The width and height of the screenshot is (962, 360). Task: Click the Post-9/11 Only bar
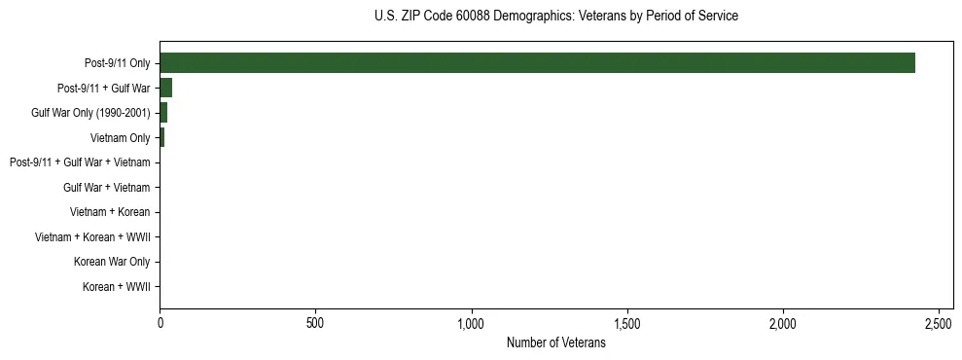pos(537,63)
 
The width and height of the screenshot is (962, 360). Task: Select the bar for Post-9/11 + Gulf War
pos(166,88)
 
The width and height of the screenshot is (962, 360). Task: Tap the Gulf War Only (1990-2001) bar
pos(163,113)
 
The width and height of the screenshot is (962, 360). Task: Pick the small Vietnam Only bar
pos(162,137)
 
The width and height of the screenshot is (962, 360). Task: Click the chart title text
pos(555,17)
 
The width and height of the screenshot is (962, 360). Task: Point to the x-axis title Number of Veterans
pos(555,343)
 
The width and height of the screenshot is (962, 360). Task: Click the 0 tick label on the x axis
pos(160,322)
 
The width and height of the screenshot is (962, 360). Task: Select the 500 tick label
pos(315,322)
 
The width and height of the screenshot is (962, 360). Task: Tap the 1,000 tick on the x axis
pos(472,322)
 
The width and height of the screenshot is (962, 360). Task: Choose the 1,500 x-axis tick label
pos(627,322)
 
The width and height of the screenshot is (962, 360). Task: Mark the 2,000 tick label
pos(783,322)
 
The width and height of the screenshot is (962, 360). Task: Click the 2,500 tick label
pos(939,322)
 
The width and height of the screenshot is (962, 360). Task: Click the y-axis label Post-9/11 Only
pos(117,63)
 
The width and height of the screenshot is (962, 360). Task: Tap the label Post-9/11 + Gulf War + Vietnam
pos(80,162)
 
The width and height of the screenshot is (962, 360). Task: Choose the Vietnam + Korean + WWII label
pos(92,237)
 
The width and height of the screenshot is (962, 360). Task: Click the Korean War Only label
pos(112,262)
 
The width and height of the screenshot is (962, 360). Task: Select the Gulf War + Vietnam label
pos(106,188)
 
